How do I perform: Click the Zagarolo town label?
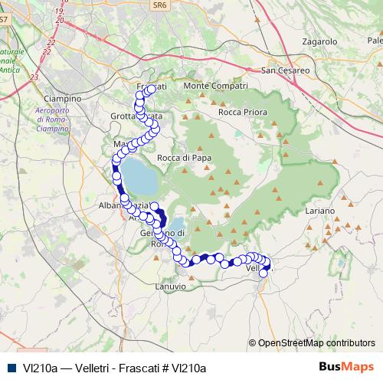tap(320, 41)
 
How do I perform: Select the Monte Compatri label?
tap(217, 86)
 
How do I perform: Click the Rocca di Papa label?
tap(184, 158)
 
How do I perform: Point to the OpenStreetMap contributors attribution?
tap(316, 343)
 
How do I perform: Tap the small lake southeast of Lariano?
tap(340, 264)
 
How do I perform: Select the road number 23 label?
tap(34, 77)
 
